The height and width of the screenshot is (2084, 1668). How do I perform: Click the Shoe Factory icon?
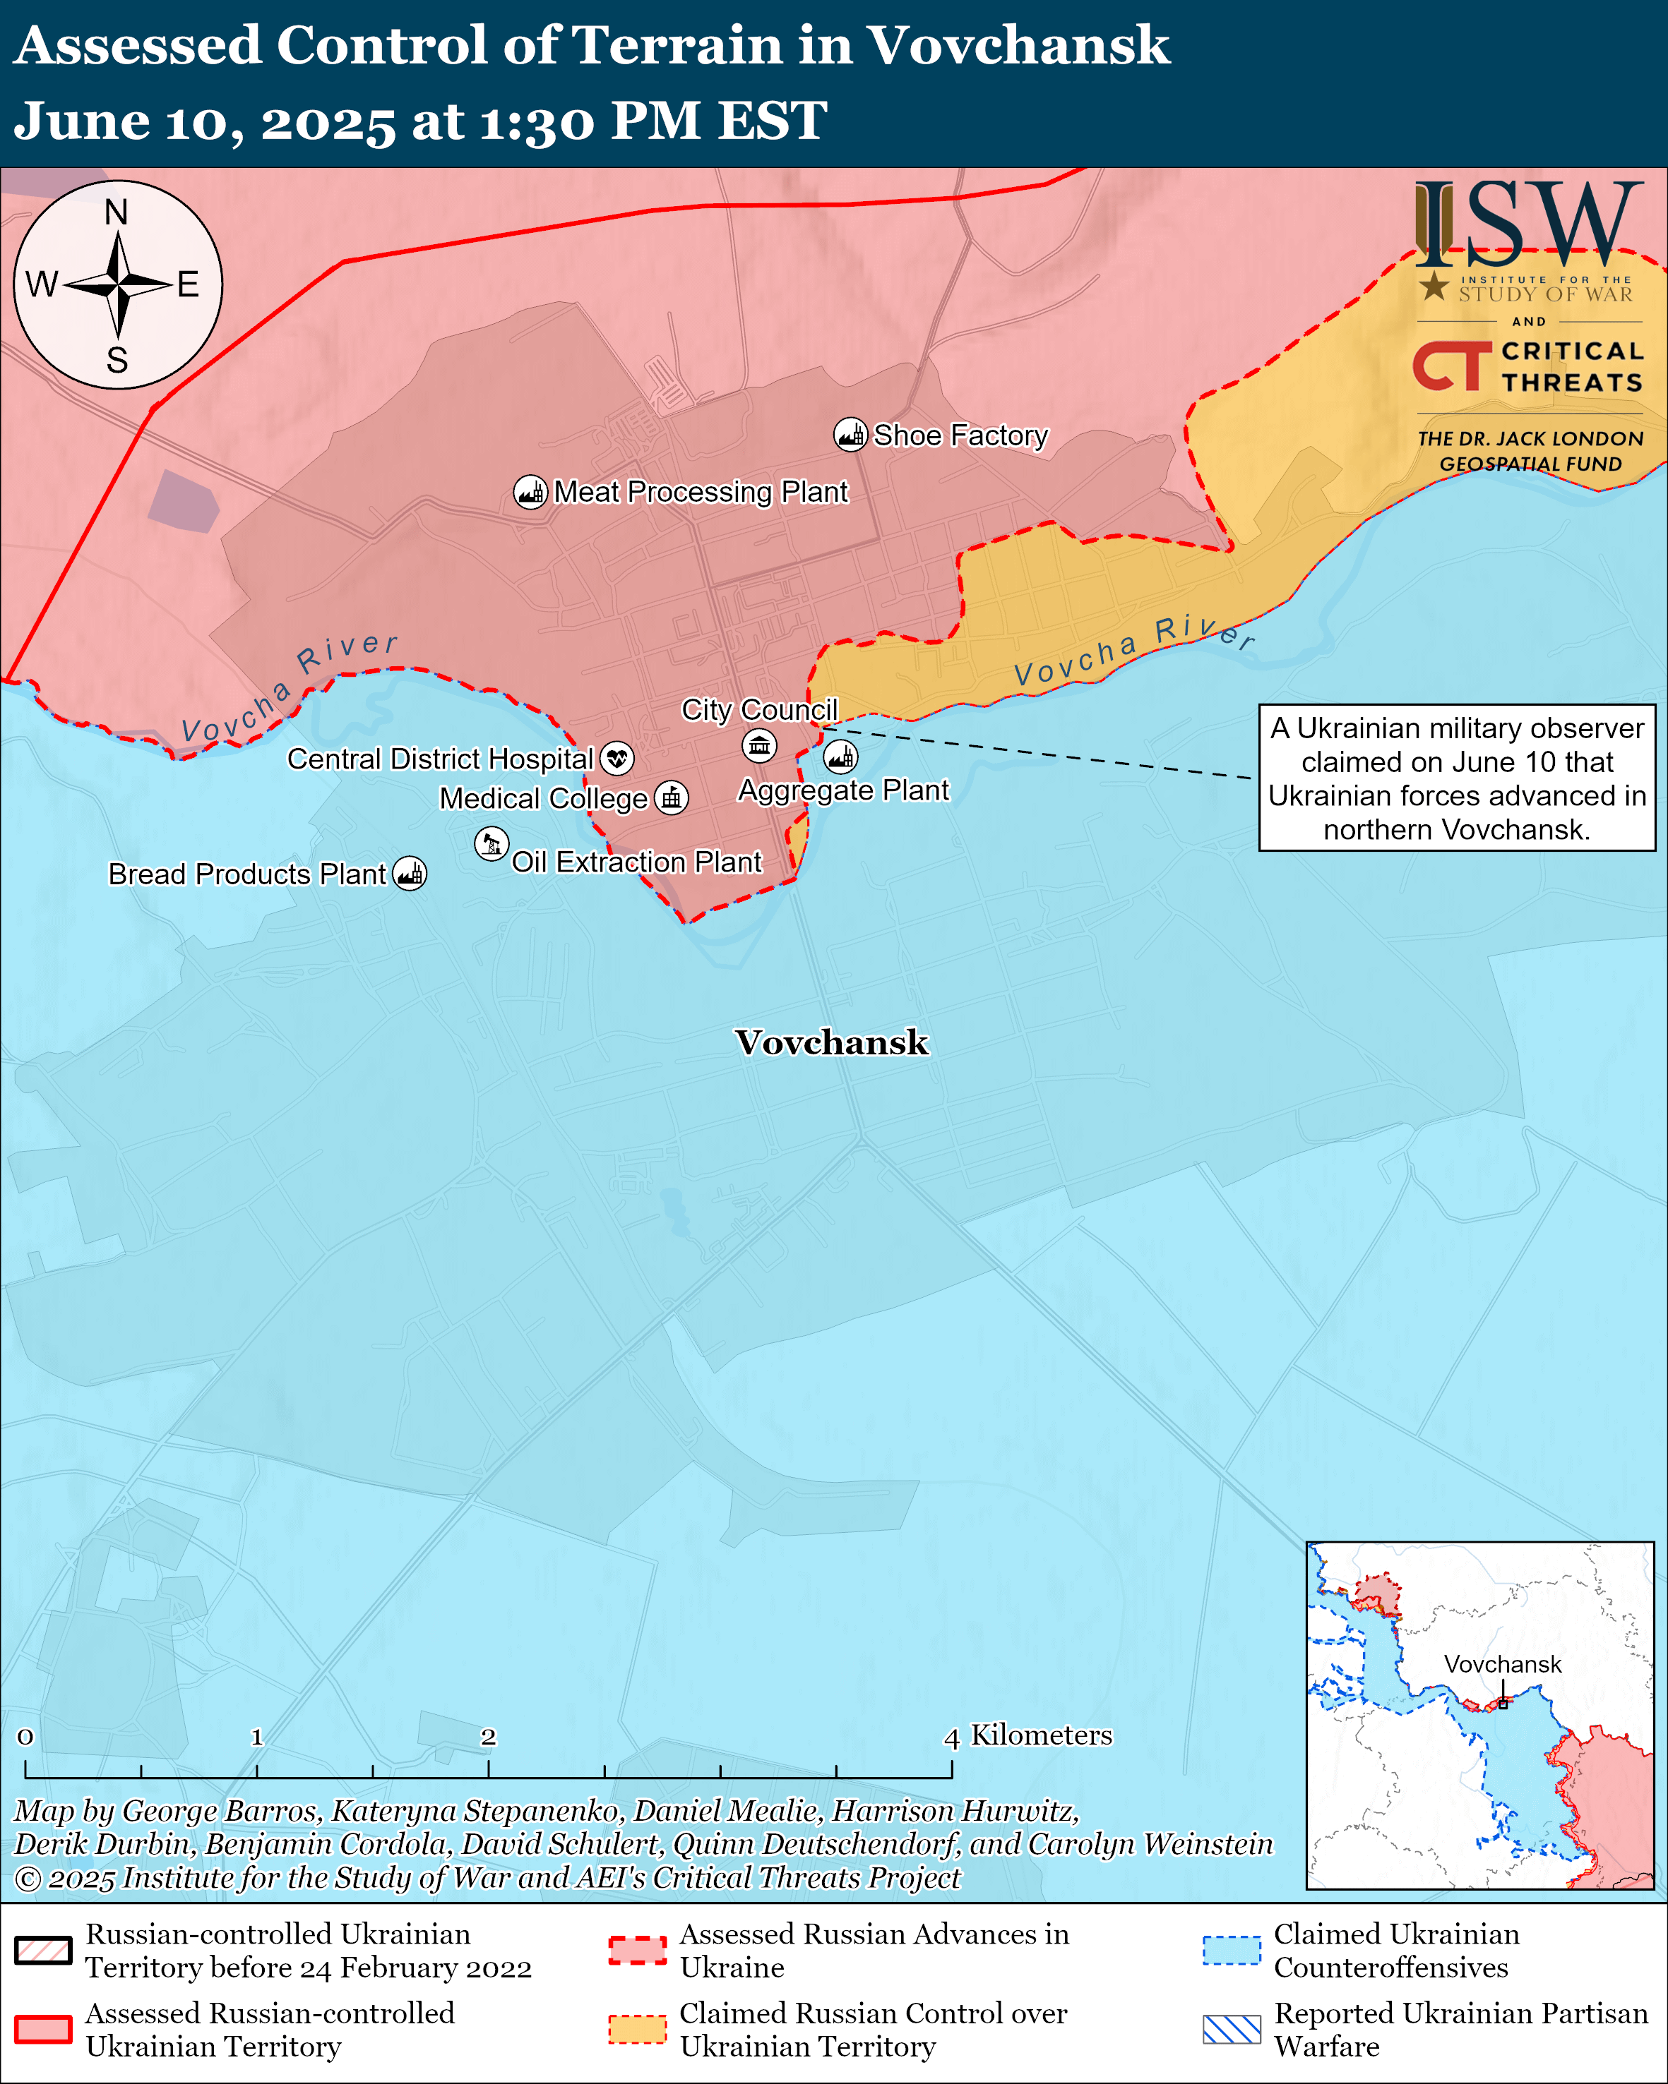850,435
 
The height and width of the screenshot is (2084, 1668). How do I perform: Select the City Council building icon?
759,745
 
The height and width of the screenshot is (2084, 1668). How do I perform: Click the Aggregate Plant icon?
840,757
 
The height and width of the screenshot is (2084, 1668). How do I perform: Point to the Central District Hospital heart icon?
617,759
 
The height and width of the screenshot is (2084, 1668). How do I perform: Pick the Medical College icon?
671,798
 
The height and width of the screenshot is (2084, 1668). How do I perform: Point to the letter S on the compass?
117,361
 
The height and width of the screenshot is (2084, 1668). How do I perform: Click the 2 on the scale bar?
488,1737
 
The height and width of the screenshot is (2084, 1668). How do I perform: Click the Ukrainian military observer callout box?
1456,778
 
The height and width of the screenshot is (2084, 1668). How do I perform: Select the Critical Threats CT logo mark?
1451,366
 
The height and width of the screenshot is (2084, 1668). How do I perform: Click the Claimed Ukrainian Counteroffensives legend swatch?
1232,1951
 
